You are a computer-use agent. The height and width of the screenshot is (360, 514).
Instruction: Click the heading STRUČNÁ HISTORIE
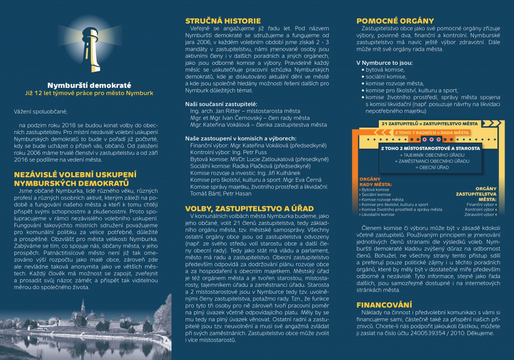coord(223,21)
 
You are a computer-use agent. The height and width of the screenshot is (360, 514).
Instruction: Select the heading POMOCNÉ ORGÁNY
coord(395,21)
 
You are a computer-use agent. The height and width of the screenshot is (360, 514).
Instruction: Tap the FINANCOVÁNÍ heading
coord(384,304)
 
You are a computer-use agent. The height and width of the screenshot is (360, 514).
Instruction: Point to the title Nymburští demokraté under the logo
coord(85,85)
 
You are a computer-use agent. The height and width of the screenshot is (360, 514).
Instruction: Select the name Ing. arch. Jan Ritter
coord(216,109)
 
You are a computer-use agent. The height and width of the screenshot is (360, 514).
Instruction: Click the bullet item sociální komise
coord(385,76)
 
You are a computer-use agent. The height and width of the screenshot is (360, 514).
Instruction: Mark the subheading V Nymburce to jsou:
coord(384,62)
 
